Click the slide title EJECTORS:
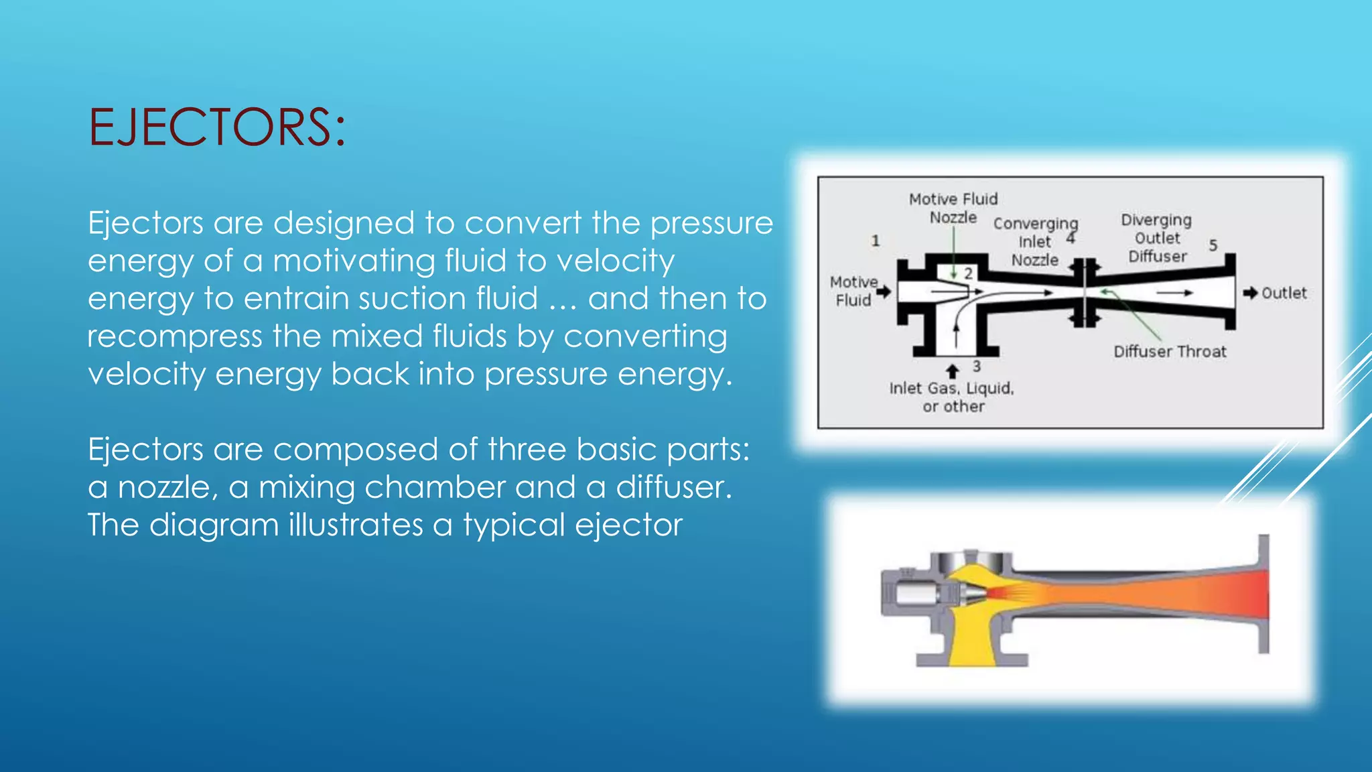click(x=217, y=127)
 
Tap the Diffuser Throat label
click(x=1170, y=352)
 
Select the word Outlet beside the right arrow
click(x=1284, y=294)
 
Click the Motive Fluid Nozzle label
click(x=953, y=208)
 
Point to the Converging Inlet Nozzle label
click(x=1035, y=242)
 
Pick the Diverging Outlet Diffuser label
click(x=1157, y=239)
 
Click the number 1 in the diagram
click(x=875, y=241)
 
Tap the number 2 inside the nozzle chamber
click(x=968, y=273)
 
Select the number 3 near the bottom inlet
click(x=977, y=367)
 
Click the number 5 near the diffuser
click(x=1213, y=245)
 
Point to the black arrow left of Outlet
click(x=1250, y=293)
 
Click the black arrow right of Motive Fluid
click(x=884, y=292)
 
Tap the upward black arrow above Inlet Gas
click(x=952, y=371)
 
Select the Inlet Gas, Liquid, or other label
click(x=952, y=397)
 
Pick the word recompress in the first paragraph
click(x=174, y=336)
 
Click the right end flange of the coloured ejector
click(x=1263, y=594)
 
